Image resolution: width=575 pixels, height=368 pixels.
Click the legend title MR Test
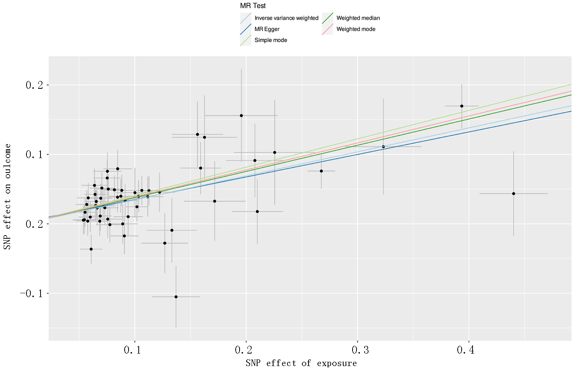pos(253,6)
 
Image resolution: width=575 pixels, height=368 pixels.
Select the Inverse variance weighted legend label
pos(286,18)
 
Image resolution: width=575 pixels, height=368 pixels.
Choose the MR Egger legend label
pos(267,29)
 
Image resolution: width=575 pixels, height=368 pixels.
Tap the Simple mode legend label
pos(271,40)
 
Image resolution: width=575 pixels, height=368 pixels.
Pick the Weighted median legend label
pos(358,18)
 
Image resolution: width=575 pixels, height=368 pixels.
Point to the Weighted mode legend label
pos(356,29)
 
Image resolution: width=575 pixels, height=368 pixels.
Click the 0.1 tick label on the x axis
pos(132,350)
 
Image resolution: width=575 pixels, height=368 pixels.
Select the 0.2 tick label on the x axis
pos(244,350)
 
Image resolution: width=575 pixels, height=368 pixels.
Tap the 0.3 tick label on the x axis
pos(360,350)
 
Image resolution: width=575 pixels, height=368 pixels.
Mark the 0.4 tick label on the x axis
pos(466,350)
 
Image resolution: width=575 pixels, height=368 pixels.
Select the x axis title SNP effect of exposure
pos(301,363)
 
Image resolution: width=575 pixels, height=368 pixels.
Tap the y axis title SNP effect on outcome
pos(7,197)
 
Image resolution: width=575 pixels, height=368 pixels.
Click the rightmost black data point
pos(513,194)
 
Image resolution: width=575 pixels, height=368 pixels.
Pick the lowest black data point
pos(176,297)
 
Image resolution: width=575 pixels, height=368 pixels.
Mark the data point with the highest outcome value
pos(462,106)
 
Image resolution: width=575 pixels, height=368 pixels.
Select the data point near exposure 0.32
pos(383,147)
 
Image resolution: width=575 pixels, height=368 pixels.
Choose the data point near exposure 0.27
pos(321,171)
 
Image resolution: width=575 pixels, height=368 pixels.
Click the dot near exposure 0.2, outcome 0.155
pos(242,116)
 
